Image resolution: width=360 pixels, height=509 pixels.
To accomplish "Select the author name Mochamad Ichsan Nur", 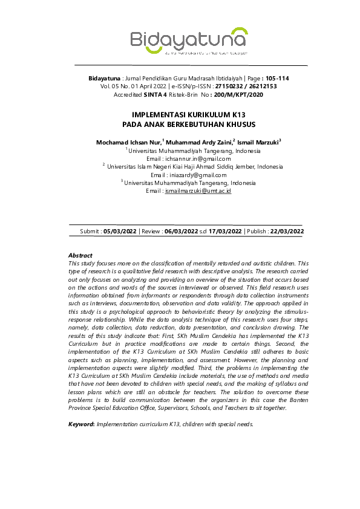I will pyautogui.click(x=128, y=142).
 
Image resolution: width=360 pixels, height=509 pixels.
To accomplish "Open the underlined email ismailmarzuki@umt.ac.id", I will pyautogui.click(x=198, y=190).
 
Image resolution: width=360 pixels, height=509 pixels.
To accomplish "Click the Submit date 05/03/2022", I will pyautogui.click(x=120, y=231).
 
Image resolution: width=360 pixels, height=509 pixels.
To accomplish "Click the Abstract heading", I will pyautogui.click(x=80, y=256).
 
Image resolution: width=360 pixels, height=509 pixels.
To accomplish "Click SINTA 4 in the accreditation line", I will pyautogui.click(x=157, y=95).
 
